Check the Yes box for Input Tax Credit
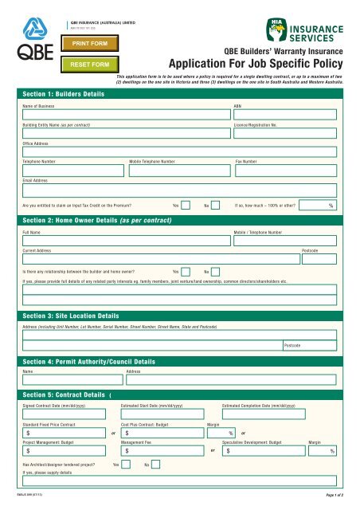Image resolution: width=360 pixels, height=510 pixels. pos(185,206)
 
